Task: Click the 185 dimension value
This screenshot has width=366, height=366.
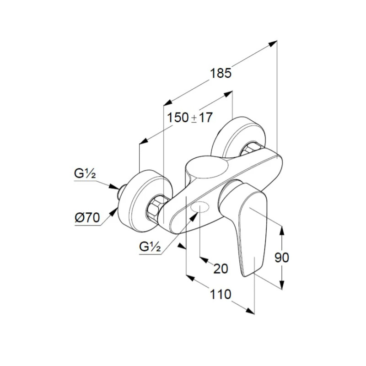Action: click(221, 73)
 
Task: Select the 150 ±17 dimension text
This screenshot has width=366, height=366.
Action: click(190, 118)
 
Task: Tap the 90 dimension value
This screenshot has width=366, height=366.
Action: click(282, 258)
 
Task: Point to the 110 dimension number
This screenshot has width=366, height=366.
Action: click(221, 294)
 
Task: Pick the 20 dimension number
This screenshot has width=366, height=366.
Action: click(221, 269)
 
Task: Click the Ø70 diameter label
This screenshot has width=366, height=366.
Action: click(87, 218)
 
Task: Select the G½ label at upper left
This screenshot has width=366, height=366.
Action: click(85, 174)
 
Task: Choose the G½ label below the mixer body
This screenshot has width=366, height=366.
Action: click(150, 247)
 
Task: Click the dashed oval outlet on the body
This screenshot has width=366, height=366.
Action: click(199, 207)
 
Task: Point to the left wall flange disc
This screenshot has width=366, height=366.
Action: click(145, 201)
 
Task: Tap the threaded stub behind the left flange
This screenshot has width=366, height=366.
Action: click(121, 192)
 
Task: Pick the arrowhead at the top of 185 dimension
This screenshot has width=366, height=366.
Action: click(273, 43)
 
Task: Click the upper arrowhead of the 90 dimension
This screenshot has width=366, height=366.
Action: click(282, 231)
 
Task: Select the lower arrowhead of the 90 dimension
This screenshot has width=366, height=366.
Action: click(282, 285)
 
